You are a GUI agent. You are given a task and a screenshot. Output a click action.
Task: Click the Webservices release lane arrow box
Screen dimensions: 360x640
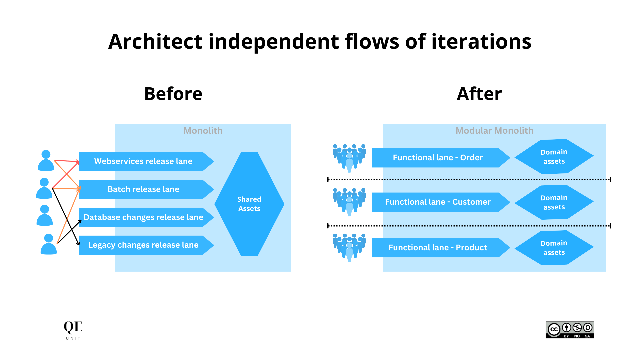[x=143, y=161]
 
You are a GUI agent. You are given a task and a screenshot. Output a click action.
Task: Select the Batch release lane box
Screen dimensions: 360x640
[x=143, y=189]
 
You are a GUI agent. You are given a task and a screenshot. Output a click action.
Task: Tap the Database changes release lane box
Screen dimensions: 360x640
[x=143, y=217]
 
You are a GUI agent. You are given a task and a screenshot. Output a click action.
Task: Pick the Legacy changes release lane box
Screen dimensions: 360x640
[x=143, y=245]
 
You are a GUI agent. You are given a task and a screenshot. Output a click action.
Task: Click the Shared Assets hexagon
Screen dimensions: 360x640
[x=249, y=204]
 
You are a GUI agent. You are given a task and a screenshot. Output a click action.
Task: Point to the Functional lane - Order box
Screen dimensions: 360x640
[x=437, y=158]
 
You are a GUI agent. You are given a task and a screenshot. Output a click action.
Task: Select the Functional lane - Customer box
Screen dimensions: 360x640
[x=437, y=202]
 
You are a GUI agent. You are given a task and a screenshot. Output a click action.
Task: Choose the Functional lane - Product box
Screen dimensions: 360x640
[x=437, y=248]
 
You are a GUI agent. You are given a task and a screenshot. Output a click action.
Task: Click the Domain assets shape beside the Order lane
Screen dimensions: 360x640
[x=554, y=157]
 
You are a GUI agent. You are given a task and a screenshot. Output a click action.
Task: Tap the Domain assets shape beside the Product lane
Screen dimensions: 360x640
[x=554, y=248]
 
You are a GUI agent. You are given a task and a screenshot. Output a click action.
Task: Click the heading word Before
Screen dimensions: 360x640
[x=173, y=94]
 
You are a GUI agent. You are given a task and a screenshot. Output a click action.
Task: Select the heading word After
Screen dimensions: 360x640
[x=479, y=94]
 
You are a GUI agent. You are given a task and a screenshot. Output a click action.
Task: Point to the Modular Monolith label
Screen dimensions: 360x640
[x=494, y=131]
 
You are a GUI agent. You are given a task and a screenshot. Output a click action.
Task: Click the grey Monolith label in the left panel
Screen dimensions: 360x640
[x=203, y=131]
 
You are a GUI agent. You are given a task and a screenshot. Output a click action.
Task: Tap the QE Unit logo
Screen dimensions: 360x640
[x=73, y=330]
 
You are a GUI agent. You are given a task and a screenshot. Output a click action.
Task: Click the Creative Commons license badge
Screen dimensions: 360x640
[x=570, y=330]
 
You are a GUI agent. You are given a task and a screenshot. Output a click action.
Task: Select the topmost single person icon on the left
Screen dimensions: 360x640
[x=46, y=160]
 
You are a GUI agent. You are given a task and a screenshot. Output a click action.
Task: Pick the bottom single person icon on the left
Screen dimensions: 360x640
[x=49, y=244]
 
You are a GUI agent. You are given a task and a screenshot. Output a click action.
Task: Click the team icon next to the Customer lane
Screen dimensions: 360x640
[x=349, y=202]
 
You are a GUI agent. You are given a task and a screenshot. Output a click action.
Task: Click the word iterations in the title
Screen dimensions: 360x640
[x=481, y=42]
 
